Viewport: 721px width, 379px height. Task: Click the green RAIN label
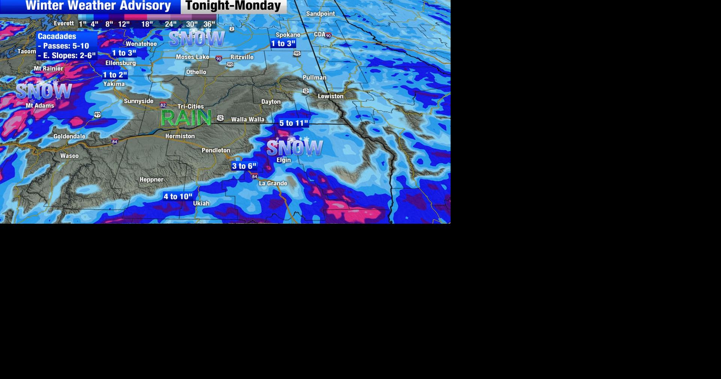[186, 118]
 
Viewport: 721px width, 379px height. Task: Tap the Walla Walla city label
[247, 120]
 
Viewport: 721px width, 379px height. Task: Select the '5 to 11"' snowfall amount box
[293, 123]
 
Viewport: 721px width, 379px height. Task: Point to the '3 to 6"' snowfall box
[244, 166]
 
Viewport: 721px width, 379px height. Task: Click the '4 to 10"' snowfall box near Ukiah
[178, 197]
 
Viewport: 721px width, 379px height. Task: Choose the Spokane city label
[288, 35]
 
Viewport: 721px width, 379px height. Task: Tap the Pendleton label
[216, 150]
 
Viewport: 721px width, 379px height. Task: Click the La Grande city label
[273, 183]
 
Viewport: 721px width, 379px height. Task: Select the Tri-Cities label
[191, 107]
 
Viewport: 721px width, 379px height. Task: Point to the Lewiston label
[330, 96]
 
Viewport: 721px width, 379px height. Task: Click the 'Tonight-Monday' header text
[233, 6]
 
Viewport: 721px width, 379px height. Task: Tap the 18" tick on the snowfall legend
[147, 24]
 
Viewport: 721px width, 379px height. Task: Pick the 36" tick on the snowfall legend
[209, 24]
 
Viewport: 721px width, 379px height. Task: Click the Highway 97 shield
[98, 115]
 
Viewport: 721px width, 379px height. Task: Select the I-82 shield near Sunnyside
[163, 105]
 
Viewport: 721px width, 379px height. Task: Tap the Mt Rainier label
[48, 69]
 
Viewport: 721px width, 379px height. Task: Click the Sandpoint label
[320, 14]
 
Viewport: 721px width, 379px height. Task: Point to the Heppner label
[151, 180]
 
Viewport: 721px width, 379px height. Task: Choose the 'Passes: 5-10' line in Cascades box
[64, 46]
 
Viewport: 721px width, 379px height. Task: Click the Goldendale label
[69, 136]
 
